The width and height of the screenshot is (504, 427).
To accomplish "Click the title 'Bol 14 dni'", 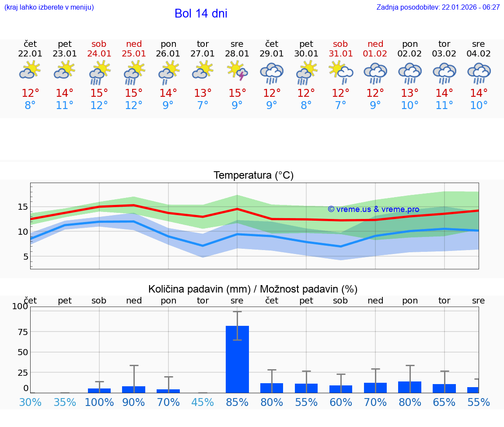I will pyautogui.click(x=201, y=14).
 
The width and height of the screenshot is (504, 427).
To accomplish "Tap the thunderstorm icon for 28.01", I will pyautogui.click(x=237, y=71).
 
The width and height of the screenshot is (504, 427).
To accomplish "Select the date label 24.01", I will pyautogui.click(x=99, y=54).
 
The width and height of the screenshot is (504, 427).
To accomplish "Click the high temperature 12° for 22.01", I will pyautogui.click(x=31, y=93).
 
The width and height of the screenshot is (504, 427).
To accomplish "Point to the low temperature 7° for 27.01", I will pyautogui.click(x=203, y=106).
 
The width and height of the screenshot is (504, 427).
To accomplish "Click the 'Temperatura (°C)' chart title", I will pyautogui.click(x=253, y=175).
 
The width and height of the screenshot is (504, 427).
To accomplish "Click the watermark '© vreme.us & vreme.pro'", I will pyautogui.click(x=373, y=209).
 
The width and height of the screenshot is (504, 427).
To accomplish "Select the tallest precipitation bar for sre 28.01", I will pyautogui.click(x=237, y=359).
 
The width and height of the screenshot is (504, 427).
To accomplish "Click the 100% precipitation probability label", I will pyautogui.click(x=99, y=402).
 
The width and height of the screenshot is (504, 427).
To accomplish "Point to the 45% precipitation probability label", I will pyautogui.click(x=203, y=402).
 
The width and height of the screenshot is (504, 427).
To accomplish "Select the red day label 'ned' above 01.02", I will pyautogui.click(x=375, y=44).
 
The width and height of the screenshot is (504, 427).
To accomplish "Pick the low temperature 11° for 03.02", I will pyautogui.click(x=444, y=106).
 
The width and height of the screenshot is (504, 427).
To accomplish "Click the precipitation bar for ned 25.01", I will pyautogui.click(x=133, y=389).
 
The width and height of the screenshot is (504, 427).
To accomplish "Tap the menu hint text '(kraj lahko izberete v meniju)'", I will pyautogui.click(x=49, y=7).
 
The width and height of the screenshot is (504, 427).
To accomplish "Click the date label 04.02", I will pyautogui.click(x=479, y=54).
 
